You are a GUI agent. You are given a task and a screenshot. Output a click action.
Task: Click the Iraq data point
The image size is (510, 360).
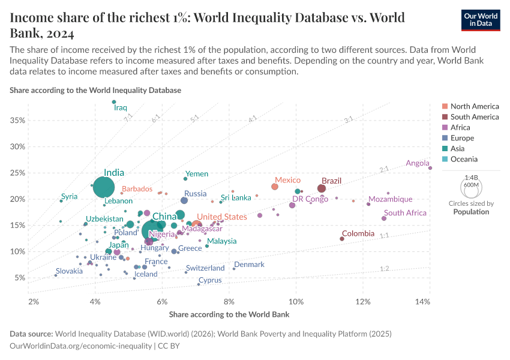114,102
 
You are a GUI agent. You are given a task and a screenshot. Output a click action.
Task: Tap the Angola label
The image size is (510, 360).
418,163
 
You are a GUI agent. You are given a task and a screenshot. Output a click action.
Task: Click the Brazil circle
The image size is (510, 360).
322,188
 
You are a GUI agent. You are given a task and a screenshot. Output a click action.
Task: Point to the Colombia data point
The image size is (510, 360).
342,239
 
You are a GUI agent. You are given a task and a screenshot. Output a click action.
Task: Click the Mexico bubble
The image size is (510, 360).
275,187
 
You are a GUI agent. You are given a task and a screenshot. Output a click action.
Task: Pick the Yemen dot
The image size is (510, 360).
185,179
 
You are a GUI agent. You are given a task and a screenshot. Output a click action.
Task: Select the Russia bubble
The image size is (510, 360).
184,200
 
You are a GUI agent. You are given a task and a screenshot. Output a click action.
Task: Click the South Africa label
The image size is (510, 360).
405,213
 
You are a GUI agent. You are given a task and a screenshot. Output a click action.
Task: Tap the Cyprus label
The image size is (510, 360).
210,280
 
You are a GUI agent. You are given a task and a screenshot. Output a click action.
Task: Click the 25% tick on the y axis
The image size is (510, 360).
17,173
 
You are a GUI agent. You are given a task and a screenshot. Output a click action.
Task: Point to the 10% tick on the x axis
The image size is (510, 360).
296,300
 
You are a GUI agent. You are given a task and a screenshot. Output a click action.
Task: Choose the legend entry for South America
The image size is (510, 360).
474,117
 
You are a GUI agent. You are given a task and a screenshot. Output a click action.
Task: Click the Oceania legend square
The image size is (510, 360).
445,159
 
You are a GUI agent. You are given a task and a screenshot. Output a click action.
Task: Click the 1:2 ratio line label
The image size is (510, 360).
385,269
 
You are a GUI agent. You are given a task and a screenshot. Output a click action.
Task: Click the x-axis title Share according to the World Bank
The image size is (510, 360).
229,314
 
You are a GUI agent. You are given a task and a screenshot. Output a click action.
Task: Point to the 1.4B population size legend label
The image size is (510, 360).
471,178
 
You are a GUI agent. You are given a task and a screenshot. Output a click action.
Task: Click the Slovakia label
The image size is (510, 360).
69,271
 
